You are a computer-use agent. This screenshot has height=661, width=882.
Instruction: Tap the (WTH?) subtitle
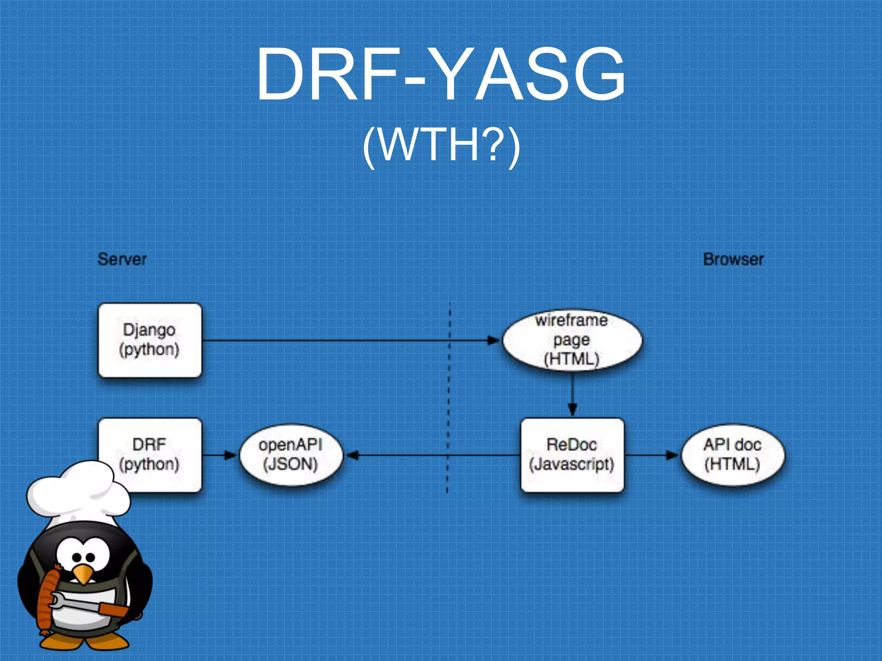click(441, 145)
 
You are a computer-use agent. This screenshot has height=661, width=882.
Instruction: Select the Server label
click(122, 259)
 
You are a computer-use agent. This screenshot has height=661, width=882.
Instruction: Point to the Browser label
click(733, 259)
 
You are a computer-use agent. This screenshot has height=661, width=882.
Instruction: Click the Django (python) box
click(149, 340)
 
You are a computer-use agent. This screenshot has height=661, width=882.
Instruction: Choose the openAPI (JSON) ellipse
click(291, 455)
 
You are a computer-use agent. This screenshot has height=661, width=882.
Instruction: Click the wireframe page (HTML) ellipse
click(572, 340)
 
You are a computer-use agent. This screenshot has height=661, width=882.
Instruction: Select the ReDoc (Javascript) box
click(572, 455)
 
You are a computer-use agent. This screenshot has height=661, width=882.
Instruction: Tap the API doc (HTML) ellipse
click(733, 455)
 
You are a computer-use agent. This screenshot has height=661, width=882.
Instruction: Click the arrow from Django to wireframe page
click(345, 340)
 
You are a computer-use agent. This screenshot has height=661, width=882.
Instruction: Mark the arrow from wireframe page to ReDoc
click(572, 394)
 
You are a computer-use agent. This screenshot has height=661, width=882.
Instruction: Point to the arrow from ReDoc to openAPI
click(431, 455)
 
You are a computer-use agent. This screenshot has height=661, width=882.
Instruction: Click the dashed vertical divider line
click(449, 387)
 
